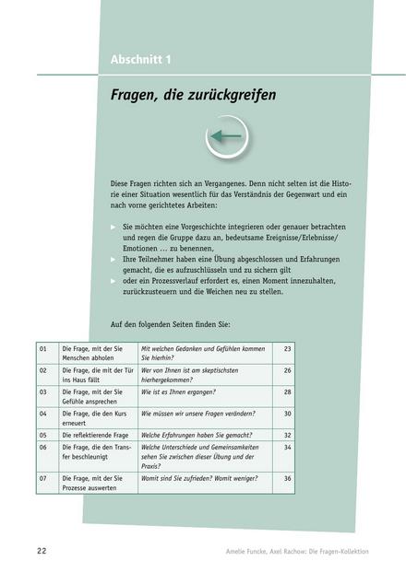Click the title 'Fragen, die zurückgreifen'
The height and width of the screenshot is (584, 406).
coord(193,95)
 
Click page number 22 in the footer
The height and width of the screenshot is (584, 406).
coord(42,551)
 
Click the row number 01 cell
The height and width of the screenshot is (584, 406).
coord(44,349)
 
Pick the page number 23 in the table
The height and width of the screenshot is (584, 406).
coord(287,349)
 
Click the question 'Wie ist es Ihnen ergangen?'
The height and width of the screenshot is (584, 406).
coord(184,391)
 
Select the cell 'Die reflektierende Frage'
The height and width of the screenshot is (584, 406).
coord(98,434)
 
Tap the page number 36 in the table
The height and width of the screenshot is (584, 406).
coord(287,478)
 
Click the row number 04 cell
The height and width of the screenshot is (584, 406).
coord(44,413)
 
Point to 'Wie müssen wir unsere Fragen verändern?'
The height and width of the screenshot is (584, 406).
coord(202,413)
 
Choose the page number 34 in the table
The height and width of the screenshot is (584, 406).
coord(287,447)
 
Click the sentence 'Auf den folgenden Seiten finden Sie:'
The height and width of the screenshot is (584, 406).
coord(171,324)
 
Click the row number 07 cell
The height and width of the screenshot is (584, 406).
coord(44,478)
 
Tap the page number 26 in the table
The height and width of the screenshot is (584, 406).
coord(287,370)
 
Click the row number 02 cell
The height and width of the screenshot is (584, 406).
coord(44,370)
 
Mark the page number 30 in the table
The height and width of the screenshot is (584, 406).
coord(287,413)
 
